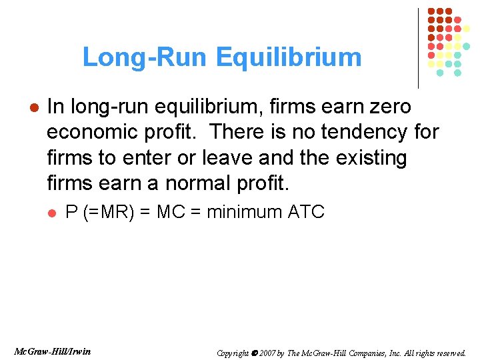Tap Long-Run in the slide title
pyautogui.click(x=146, y=58)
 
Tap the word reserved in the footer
pyautogui.click(x=450, y=353)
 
